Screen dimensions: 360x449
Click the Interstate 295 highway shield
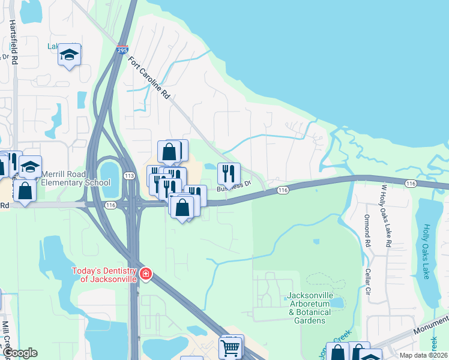coord(122,52)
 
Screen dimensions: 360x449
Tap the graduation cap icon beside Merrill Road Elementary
coord(30,166)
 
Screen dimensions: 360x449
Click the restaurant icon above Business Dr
coord(228,173)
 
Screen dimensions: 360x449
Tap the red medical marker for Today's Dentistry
coord(145,275)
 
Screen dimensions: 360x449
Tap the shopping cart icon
coord(231,346)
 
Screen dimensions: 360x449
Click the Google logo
coord(19,353)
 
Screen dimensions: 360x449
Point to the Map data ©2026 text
coord(423,355)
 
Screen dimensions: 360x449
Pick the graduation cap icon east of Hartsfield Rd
coord(70,55)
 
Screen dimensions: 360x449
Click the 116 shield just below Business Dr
coord(284,190)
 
